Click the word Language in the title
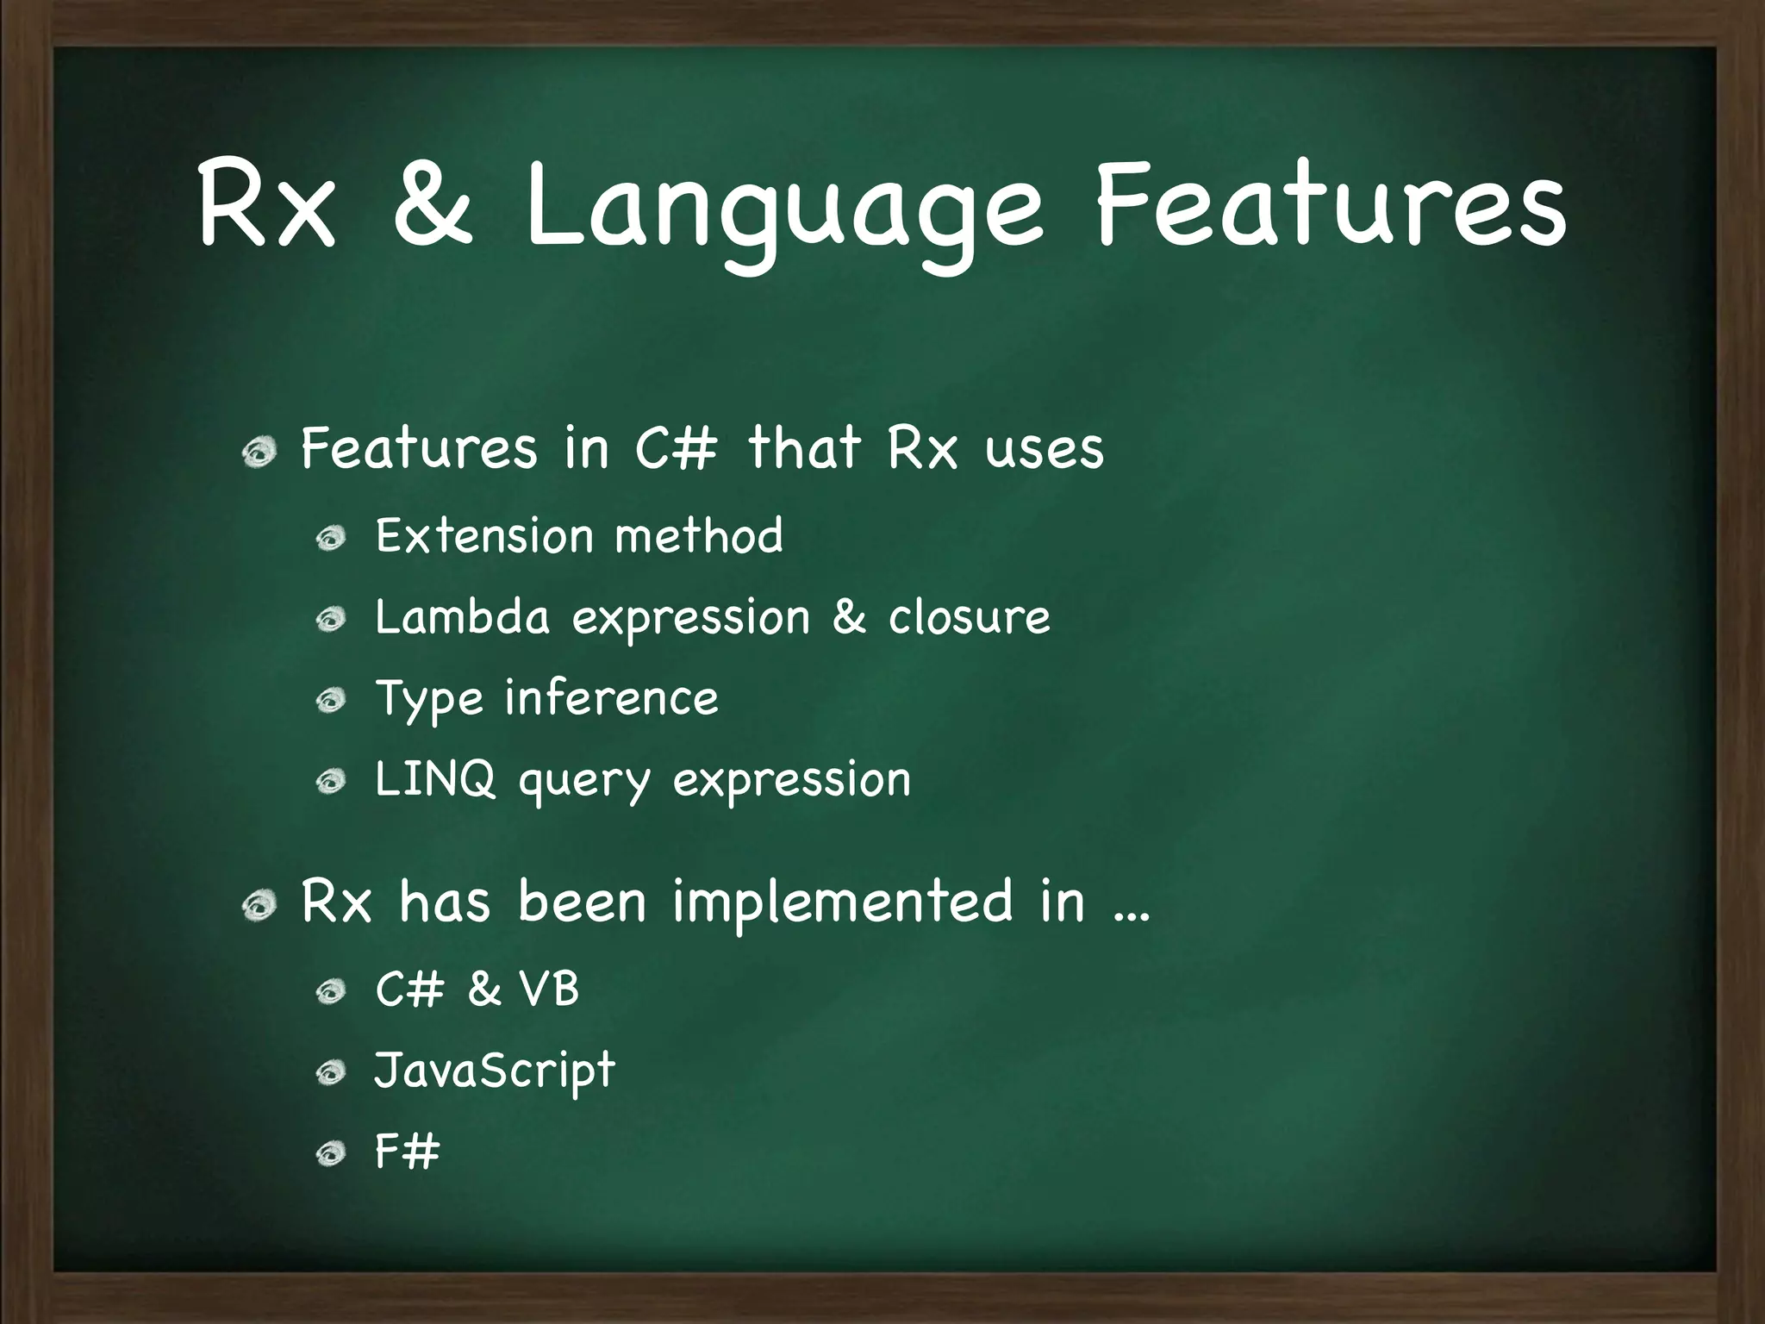[x=783, y=211]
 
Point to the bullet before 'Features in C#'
[x=259, y=452]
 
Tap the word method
[x=699, y=535]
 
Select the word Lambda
[x=462, y=617]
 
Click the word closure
[x=969, y=617]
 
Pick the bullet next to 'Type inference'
[x=330, y=701]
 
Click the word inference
[x=611, y=697]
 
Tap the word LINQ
[x=435, y=779]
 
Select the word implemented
[x=842, y=902]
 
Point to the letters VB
[x=549, y=988]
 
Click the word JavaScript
[x=495, y=1071]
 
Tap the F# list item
[x=407, y=1151]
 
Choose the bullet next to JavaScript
[x=330, y=1073]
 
